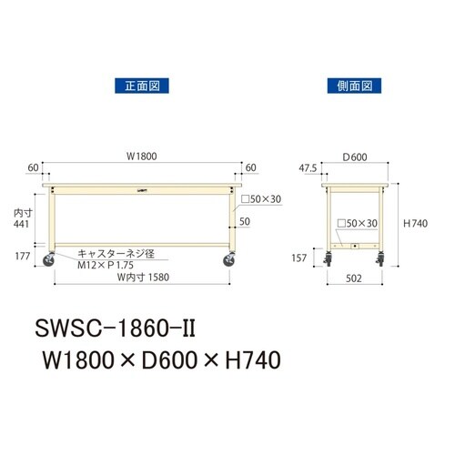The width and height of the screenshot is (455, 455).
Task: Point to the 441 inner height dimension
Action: click(x=20, y=224)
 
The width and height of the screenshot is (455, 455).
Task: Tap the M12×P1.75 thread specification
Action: click(x=112, y=268)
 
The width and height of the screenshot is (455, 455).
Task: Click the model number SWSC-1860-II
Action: click(x=116, y=326)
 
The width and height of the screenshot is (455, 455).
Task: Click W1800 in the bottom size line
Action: click(x=77, y=360)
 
